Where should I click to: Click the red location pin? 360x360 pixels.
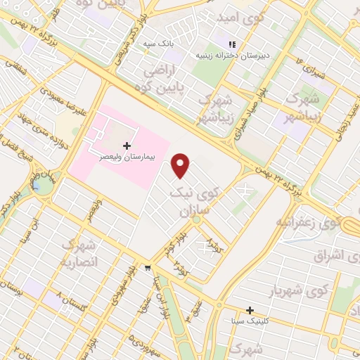tap(181, 165)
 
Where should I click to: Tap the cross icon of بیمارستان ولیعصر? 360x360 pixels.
tap(127, 146)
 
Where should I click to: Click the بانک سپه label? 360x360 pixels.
tap(158, 44)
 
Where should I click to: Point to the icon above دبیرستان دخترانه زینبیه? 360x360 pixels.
tap(231, 44)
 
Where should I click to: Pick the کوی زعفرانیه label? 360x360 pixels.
tap(295, 224)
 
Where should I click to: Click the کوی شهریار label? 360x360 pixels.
tap(299, 290)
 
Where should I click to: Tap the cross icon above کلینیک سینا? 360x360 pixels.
tap(250, 310)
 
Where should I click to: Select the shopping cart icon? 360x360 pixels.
tap(147, 268)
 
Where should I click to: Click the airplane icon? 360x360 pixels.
tap(245, 190)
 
